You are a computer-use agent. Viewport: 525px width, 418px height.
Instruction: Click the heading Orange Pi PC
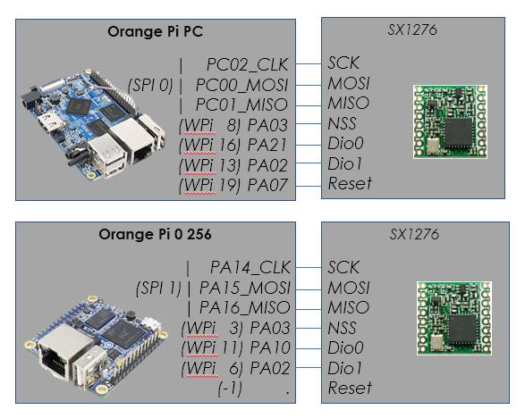tap(155, 31)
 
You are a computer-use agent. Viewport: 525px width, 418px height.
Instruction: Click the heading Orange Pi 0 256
tap(155, 234)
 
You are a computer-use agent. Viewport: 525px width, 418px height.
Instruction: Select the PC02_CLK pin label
tap(248, 65)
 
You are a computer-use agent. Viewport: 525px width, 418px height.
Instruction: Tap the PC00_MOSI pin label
tap(241, 85)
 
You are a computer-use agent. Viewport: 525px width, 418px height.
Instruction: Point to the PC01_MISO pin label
tap(241, 105)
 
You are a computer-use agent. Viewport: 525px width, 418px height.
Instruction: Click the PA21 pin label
tap(267, 146)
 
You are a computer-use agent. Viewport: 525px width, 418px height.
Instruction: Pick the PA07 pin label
tap(267, 185)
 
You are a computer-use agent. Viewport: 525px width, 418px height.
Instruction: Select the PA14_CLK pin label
tap(250, 268)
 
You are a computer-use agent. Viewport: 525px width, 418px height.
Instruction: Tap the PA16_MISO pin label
tap(245, 307)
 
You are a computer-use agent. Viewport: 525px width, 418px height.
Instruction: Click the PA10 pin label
tap(270, 347)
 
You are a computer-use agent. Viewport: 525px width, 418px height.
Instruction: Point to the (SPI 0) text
tap(150, 85)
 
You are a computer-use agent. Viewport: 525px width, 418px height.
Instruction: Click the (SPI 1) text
tap(158, 288)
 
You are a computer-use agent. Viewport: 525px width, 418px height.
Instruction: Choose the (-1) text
tap(230, 389)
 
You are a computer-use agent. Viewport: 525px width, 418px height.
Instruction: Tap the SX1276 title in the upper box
tap(412, 29)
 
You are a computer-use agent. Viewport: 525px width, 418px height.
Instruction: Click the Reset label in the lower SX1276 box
tap(350, 388)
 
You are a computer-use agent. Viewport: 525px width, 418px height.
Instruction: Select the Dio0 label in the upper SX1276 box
tap(345, 144)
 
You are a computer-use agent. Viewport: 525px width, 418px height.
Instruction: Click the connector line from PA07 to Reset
tap(309, 187)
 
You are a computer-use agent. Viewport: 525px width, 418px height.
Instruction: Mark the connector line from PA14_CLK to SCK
tap(309, 268)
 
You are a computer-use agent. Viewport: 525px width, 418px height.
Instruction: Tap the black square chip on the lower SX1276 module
tap(462, 330)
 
